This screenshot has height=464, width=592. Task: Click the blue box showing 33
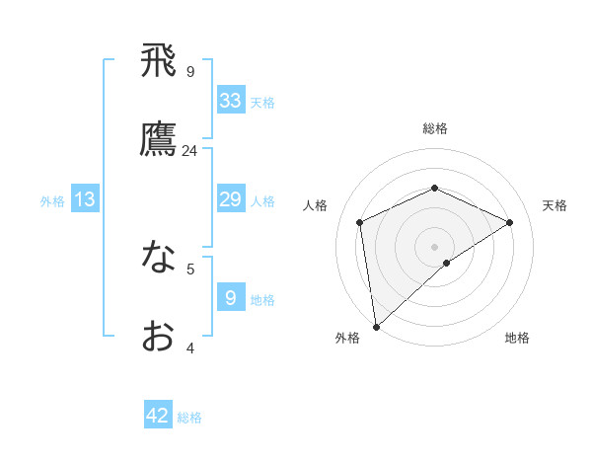tap(231, 101)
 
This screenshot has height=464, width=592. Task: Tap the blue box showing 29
tap(231, 199)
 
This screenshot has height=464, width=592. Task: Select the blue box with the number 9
tap(231, 296)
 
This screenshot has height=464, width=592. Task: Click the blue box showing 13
tap(85, 199)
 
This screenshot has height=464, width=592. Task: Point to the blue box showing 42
tap(158, 416)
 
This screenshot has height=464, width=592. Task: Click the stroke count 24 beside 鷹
tap(190, 151)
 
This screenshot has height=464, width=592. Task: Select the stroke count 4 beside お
tap(190, 348)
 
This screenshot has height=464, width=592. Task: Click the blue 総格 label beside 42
tap(189, 418)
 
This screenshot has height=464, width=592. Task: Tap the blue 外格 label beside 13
tap(52, 201)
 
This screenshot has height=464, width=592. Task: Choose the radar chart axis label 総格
tap(435, 128)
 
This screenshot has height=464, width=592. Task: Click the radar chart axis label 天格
tap(555, 205)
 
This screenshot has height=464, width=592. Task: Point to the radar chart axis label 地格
tap(517, 338)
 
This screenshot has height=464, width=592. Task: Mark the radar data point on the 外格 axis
tap(376, 327)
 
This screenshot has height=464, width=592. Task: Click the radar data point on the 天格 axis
tap(510, 222)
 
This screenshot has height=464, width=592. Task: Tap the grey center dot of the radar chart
tap(435, 246)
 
